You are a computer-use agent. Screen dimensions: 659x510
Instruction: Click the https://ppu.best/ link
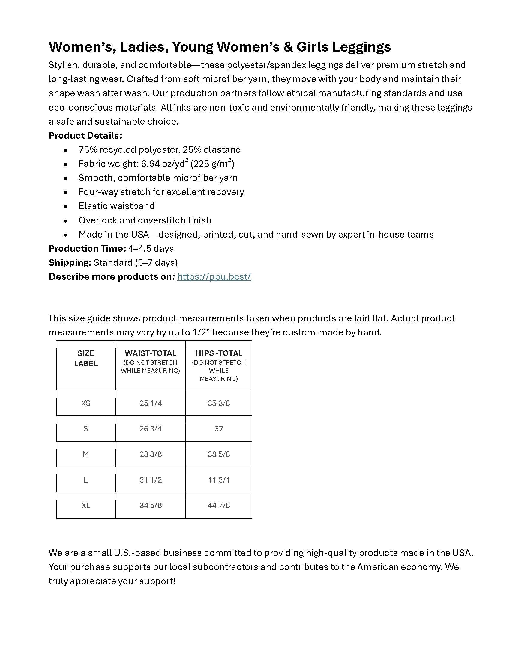pyautogui.click(x=214, y=277)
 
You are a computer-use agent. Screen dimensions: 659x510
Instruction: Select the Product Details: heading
pyautogui.click(x=85, y=136)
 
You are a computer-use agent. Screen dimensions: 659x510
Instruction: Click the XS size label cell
pyautogui.click(x=86, y=403)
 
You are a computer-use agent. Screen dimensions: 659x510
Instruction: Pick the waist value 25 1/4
pyautogui.click(x=151, y=403)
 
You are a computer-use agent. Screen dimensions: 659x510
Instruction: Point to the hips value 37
pyautogui.click(x=219, y=428)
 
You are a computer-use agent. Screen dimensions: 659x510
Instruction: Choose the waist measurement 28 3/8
pyautogui.click(x=151, y=454)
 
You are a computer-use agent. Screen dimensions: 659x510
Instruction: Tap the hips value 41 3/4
pyautogui.click(x=219, y=480)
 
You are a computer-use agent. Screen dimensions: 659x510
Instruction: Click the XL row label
pyautogui.click(x=86, y=505)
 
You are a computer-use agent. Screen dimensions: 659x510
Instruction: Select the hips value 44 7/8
pyautogui.click(x=219, y=505)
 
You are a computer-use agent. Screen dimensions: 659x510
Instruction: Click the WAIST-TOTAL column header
pyautogui.click(x=151, y=353)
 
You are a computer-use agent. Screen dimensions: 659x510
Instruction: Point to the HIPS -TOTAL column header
pyautogui.click(x=219, y=353)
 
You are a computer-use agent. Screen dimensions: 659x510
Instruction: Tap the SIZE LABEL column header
pyautogui.click(x=86, y=358)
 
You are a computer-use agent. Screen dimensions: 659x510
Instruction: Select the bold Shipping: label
pyautogui.click(x=70, y=263)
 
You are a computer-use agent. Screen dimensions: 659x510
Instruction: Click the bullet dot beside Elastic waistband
pyautogui.click(x=66, y=207)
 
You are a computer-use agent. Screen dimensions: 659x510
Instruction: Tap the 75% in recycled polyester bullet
pyautogui.click(x=88, y=150)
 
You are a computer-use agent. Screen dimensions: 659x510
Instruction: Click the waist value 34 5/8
pyautogui.click(x=151, y=505)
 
